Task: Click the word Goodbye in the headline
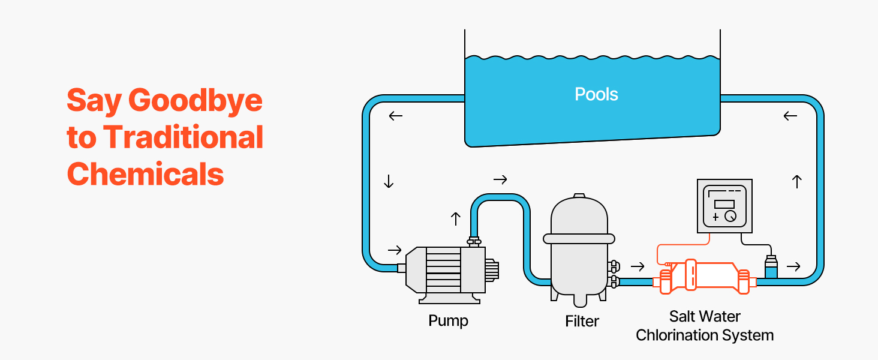pos(196,101)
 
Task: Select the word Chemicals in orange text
pos(146,174)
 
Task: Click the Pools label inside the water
pos(596,94)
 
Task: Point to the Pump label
pos(448,320)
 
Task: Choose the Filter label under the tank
pos(582,322)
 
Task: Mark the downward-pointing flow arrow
pos(389,181)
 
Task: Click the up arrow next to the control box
pos(796,181)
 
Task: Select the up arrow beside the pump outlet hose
pos(455,219)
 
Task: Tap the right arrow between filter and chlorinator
pos(638,266)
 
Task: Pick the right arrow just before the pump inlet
pos(395,250)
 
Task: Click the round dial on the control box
pos(730,217)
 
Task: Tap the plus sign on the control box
pos(715,217)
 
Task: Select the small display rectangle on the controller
pos(724,204)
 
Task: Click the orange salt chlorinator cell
pos(708,277)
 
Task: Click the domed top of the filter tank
pos(579,207)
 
